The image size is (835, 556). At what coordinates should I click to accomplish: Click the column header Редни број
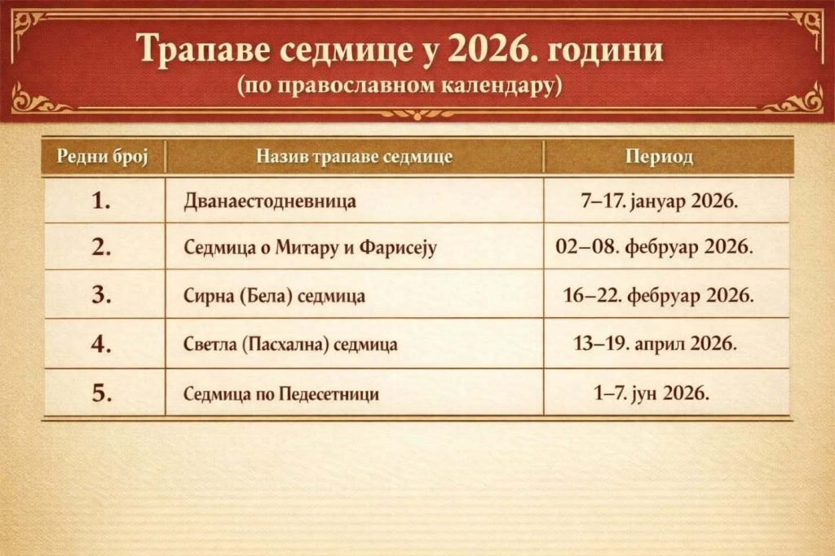102,157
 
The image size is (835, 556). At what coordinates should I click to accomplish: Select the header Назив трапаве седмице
354,157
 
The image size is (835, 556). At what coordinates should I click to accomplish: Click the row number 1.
102,201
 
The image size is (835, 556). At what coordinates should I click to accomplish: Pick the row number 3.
102,295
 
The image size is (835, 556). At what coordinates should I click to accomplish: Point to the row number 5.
102,394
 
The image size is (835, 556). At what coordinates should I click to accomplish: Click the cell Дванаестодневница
270,201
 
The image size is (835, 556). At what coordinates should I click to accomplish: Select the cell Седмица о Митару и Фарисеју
310,248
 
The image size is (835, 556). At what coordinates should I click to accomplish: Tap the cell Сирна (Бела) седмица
274,296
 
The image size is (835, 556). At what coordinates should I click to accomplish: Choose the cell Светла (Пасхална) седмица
290,345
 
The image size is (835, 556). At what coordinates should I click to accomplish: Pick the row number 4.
102,345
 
